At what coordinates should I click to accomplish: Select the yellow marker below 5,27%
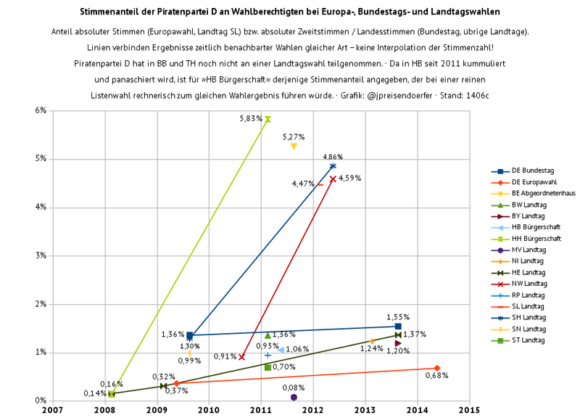point(294,146)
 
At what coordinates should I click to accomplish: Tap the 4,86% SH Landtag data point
point(333,166)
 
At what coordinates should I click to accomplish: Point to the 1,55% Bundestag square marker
point(398,327)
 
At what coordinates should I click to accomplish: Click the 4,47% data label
point(302,184)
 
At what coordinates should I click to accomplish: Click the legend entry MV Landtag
point(523,250)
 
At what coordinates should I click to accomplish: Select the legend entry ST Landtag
point(522,340)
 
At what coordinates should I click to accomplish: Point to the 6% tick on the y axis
point(40,110)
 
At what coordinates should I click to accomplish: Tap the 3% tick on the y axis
point(40,255)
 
